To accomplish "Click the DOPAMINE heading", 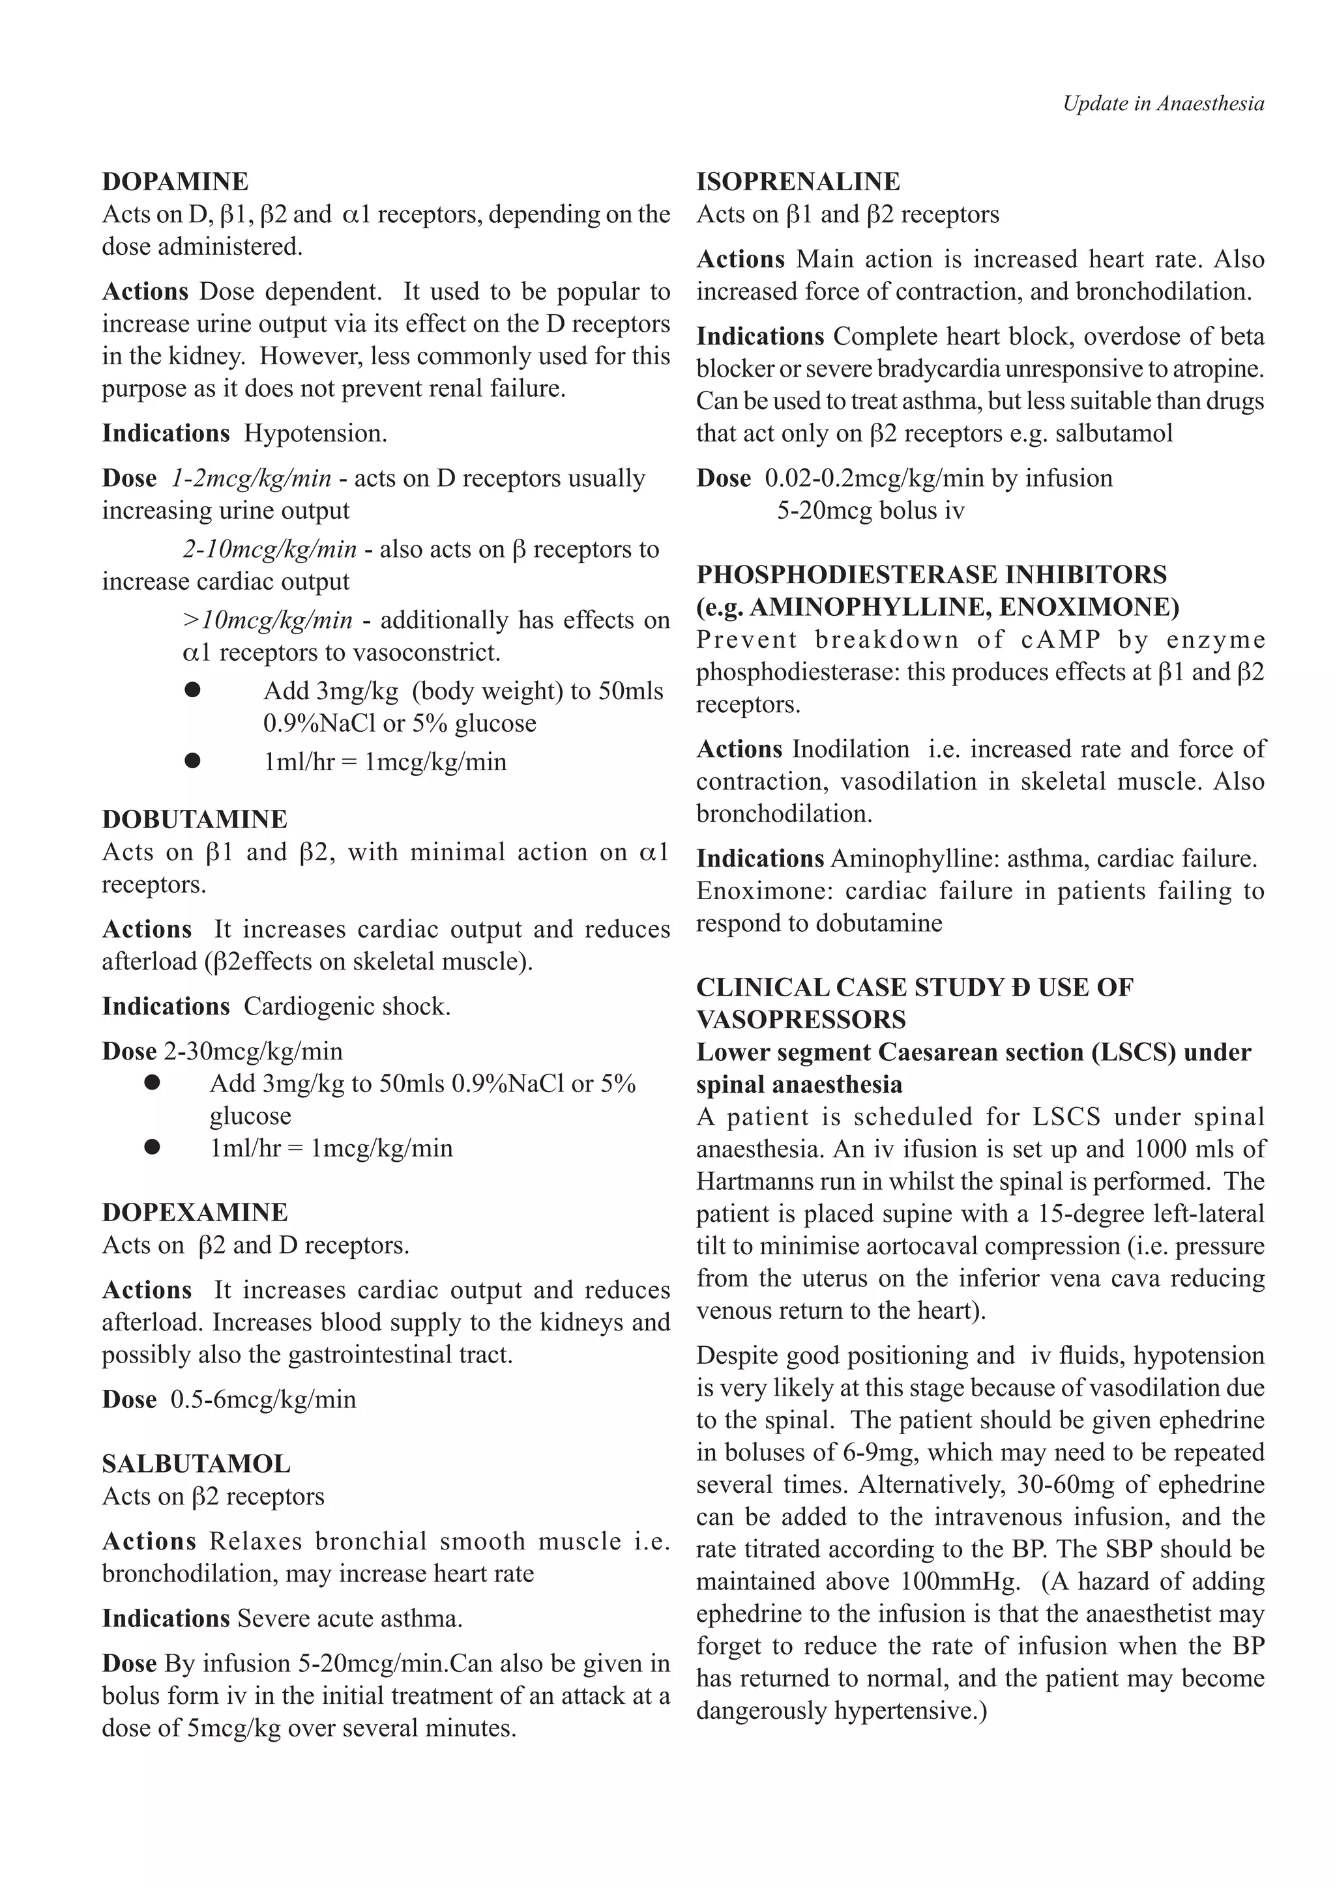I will (x=175, y=182).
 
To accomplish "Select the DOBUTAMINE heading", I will (x=195, y=820).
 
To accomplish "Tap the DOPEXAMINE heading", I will (x=195, y=1212).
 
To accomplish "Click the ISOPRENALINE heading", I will (x=799, y=182).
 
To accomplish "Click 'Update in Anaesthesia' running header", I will (x=1163, y=104).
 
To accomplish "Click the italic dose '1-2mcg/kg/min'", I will (x=252, y=478).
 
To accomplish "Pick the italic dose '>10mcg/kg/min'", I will (x=267, y=620).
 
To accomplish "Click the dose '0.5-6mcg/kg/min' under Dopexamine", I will (x=263, y=1400).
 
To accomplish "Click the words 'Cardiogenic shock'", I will (x=347, y=1007).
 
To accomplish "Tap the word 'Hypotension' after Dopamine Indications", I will (x=315, y=434).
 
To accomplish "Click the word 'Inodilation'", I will (x=851, y=749).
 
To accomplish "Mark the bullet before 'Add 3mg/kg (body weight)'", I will (x=192, y=691).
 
